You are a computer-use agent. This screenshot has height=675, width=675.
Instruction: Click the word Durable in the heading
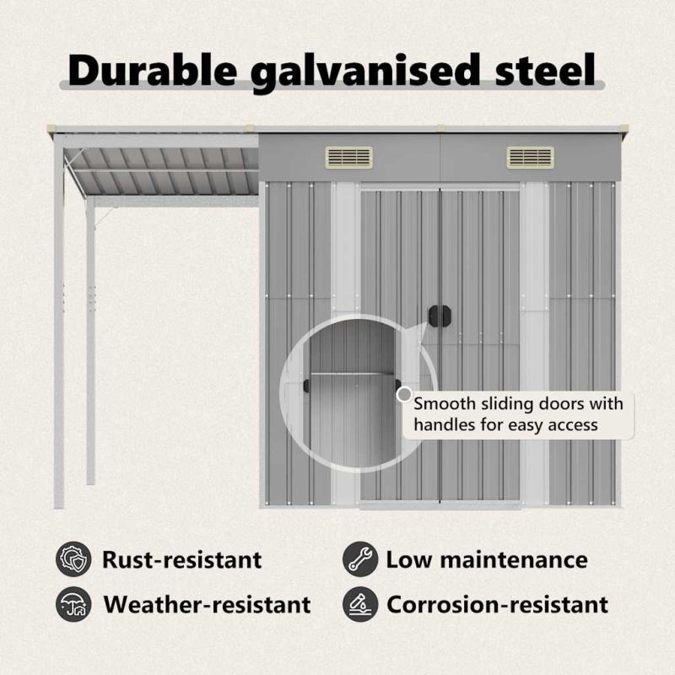pos(153,70)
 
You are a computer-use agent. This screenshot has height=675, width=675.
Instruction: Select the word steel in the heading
pos(545,70)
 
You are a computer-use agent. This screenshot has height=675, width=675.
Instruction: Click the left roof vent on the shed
pos(348,157)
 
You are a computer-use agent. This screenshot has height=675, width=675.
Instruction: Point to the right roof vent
pos(531,157)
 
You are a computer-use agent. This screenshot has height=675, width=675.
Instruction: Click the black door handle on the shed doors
pos(440,316)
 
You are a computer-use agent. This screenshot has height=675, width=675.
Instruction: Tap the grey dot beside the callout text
pos(404,394)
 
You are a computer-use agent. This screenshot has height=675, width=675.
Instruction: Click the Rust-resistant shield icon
pos(73,559)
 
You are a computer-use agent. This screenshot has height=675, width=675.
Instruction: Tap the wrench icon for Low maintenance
pos(360,559)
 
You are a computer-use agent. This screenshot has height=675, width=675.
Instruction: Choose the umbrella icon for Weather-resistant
pos(73,604)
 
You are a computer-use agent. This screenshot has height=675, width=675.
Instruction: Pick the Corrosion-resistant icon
pos(360,604)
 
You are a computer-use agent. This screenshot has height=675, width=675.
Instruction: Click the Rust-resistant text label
pos(181,559)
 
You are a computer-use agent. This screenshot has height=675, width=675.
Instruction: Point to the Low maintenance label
pos(487,559)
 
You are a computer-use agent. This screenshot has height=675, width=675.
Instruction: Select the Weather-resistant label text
pos(207,604)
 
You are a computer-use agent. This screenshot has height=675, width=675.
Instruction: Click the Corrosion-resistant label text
pos(497,604)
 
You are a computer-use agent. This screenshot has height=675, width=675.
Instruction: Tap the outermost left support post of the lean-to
pos(59,323)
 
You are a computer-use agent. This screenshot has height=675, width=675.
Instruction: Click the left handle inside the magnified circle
pos(306,386)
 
